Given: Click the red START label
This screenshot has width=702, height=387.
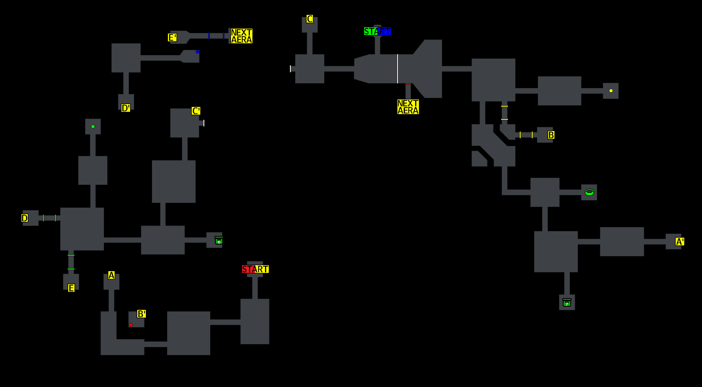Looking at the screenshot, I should click(255, 269).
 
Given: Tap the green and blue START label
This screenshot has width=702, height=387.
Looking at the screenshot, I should click(377, 31).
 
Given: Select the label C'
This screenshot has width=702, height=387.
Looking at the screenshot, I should click(196, 111).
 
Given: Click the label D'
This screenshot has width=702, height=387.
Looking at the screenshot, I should click(126, 108).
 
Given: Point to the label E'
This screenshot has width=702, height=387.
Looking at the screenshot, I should click(172, 38).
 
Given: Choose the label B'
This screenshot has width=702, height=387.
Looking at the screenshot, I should click(142, 314).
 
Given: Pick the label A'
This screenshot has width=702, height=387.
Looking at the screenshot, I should click(680, 242).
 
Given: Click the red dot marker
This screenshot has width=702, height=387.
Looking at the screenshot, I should click(131, 325).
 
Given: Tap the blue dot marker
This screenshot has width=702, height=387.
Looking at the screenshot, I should click(197, 52).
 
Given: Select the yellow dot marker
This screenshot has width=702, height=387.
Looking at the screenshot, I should click(611, 91).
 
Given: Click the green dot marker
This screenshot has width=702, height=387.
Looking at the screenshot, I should click(93, 126).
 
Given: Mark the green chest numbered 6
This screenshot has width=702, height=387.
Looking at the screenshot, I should click(219, 241).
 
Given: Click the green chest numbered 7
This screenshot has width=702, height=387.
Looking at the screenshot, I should click(567, 303).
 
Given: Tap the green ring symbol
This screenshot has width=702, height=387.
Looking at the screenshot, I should click(589, 192).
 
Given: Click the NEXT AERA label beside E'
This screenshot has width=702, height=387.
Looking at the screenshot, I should click(242, 36).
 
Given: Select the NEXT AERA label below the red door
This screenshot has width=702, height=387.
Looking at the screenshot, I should click(408, 107).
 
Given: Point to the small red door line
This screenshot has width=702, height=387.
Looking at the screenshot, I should click(408, 84).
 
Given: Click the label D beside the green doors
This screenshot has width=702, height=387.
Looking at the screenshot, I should click(25, 218).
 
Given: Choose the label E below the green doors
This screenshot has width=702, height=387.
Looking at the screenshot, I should click(71, 288).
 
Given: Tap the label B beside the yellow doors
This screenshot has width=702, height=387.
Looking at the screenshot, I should click(551, 135).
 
